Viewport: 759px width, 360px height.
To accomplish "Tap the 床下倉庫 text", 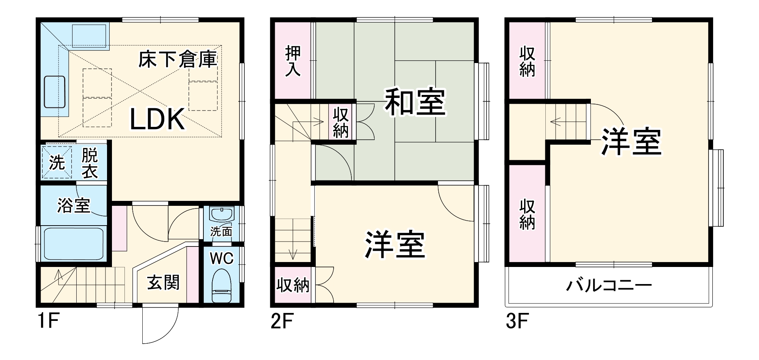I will [x=177, y=60].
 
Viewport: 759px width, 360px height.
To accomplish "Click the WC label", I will [x=222, y=259].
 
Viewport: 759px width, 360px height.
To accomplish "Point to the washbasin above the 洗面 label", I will [x=222, y=215].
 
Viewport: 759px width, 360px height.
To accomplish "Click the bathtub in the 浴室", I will [x=74, y=243].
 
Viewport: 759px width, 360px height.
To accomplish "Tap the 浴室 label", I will [x=74, y=205].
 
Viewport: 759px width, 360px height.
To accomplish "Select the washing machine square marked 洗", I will [x=57, y=163].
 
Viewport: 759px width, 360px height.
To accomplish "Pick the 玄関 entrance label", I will [x=163, y=283].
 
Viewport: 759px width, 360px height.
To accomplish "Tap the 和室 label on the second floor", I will [x=415, y=102].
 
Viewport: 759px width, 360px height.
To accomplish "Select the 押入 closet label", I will [x=293, y=61].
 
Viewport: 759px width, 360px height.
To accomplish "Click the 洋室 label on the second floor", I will [x=395, y=245].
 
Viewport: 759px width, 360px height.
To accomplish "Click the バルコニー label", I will [x=609, y=285].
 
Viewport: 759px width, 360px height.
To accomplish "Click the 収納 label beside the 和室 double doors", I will [x=340, y=122].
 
